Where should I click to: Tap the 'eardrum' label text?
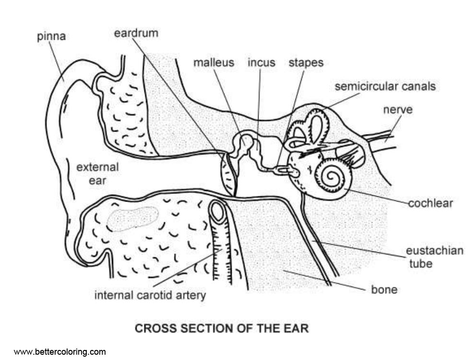136,34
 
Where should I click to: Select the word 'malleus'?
214,62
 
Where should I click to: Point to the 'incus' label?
261,62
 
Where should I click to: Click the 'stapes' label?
305,62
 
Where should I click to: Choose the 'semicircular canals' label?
385,86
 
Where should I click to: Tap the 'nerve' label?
398,110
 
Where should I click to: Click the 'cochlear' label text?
431,203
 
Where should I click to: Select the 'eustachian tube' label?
435,257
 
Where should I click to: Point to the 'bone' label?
384,289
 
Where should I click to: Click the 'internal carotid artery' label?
150,294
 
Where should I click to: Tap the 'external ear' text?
97,174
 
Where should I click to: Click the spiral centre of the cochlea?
331,178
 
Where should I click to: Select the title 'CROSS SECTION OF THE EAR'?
222,329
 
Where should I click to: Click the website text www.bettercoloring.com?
59,352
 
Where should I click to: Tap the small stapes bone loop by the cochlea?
289,170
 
